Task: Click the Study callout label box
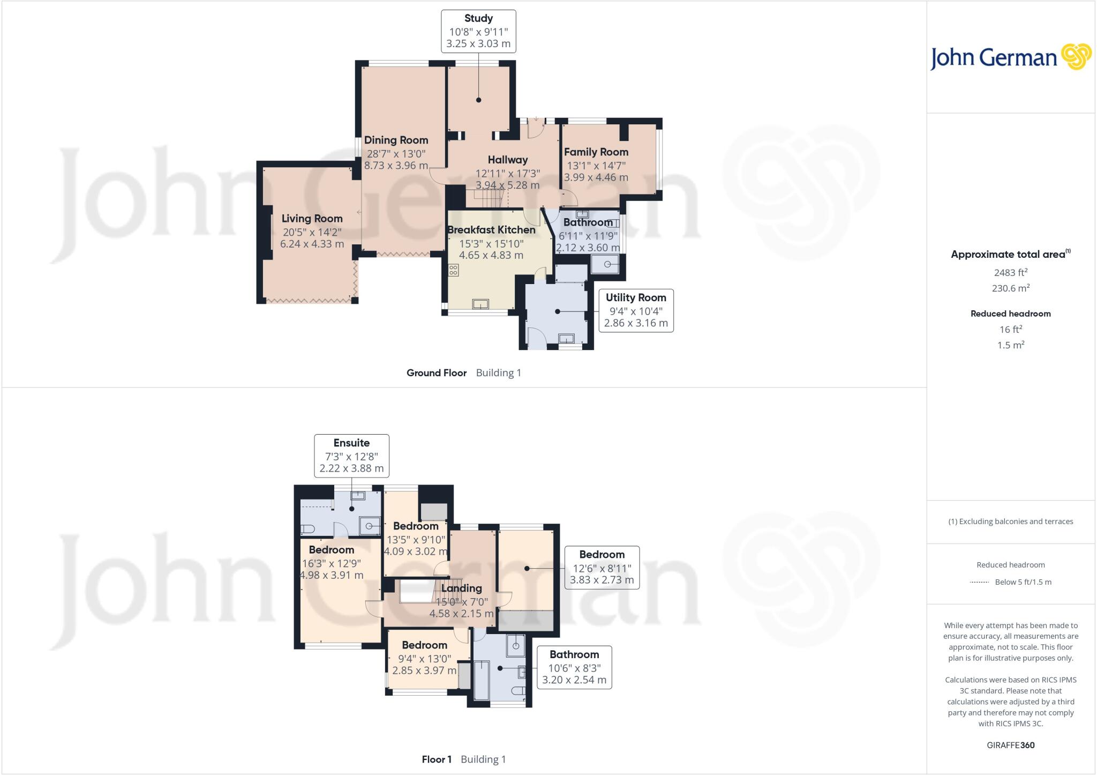pos(478,31)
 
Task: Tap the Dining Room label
pos(396,140)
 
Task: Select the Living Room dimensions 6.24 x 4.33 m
pos(312,244)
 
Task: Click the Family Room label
pos(596,152)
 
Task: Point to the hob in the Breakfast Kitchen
pos(453,270)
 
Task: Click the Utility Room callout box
pos(635,310)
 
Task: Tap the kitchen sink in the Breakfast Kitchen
pos(480,304)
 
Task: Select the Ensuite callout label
pos(351,456)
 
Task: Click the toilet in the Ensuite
pos(306,529)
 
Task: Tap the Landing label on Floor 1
pos(461,588)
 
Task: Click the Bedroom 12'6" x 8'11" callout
pos(602,568)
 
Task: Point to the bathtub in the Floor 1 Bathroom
pos(482,680)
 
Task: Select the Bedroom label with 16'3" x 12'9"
pos(331,550)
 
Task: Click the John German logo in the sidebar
pos(1010,57)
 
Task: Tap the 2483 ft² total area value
pos(1010,273)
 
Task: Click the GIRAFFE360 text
pos(1010,745)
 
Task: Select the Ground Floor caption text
pos(436,373)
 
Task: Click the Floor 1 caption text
pos(437,759)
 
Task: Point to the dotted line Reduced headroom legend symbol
pos(979,582)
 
